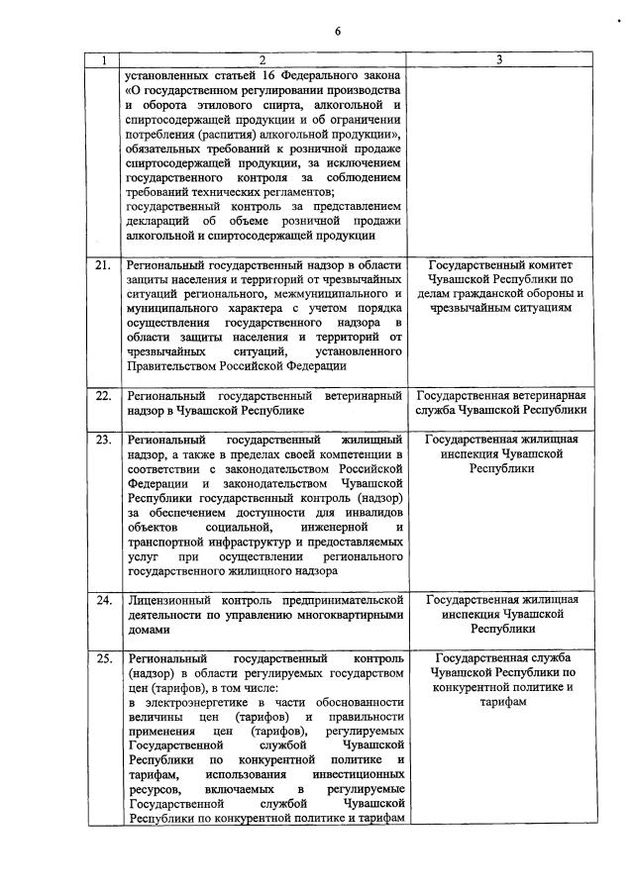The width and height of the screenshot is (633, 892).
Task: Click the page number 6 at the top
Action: [337, 31]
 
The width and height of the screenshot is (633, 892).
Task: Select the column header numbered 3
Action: [499, 60]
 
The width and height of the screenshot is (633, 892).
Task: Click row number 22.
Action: [102, 395]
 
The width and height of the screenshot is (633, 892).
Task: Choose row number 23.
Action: [102, 439]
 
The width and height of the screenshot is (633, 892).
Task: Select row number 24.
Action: [102, 600]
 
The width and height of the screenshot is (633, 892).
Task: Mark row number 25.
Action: [102, 657]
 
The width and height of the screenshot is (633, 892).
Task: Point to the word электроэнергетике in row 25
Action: [202, 701]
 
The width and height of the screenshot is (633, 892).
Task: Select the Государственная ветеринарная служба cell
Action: [502, 402]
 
